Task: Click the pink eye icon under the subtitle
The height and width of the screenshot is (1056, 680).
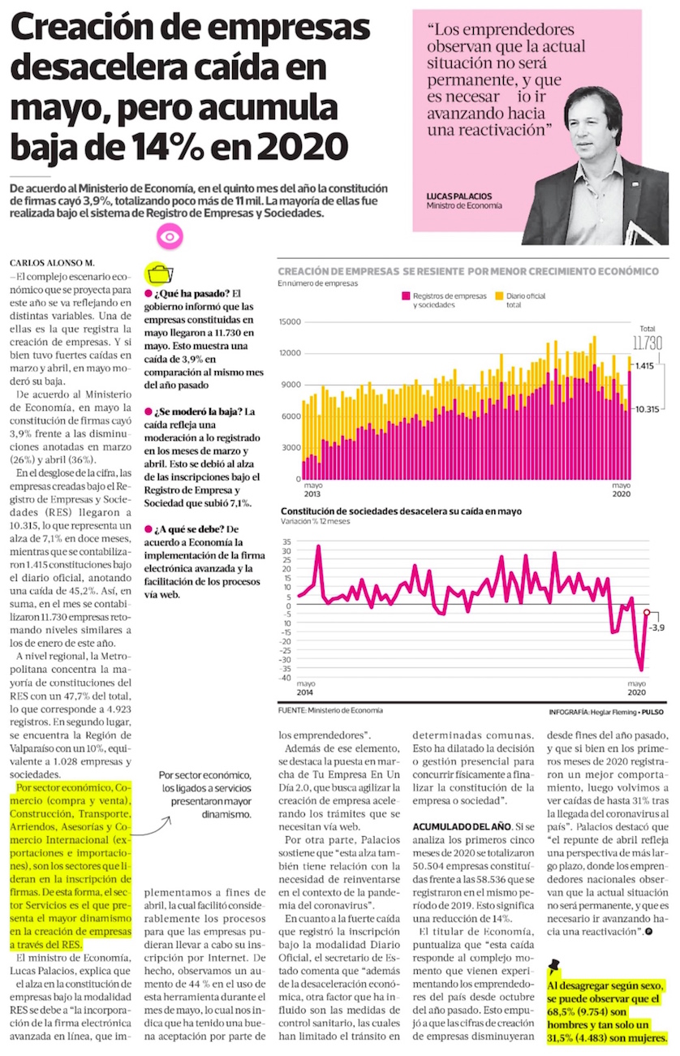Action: [169, 237]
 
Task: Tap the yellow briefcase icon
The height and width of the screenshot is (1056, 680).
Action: [158, 273]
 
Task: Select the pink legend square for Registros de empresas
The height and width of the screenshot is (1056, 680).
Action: [404, 297]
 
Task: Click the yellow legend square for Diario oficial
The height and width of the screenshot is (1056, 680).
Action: [500, 297]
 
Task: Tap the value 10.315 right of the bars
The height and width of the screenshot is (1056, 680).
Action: [648, 409]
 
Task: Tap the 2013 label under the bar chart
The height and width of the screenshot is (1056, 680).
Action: [312, 494]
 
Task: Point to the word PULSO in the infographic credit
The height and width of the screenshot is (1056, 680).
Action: [652, 710]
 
